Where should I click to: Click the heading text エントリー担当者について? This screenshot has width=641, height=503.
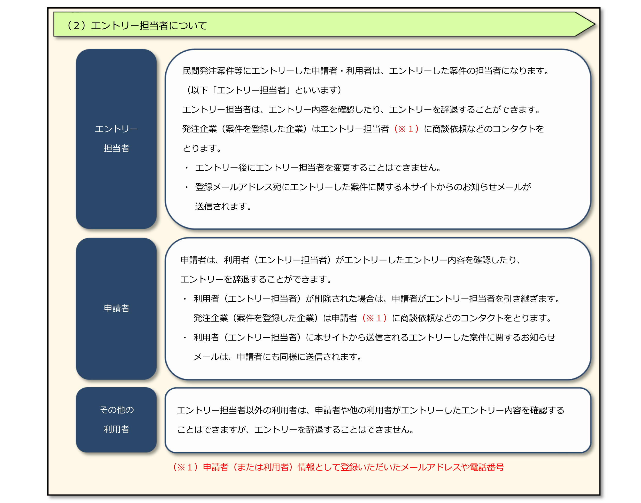pyautogui.click(x=149, y=26)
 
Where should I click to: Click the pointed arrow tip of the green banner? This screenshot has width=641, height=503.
pyautogui.click(x=595, y=24)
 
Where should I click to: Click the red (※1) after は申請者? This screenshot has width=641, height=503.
pyautogui.click(x=374, y=318)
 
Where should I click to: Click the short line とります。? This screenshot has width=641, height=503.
pyautogui.click(x=202, y=148)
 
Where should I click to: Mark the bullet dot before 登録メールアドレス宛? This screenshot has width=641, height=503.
pyautogui.click(x=187, y=187)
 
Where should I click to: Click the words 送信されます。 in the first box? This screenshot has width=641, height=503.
pyautogui.click(x=223, y=207)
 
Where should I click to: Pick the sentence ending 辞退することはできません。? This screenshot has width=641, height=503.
pyautogui.click(x=296, y=430)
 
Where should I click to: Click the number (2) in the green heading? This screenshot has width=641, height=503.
pyautogui.click(x=76, y=26)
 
